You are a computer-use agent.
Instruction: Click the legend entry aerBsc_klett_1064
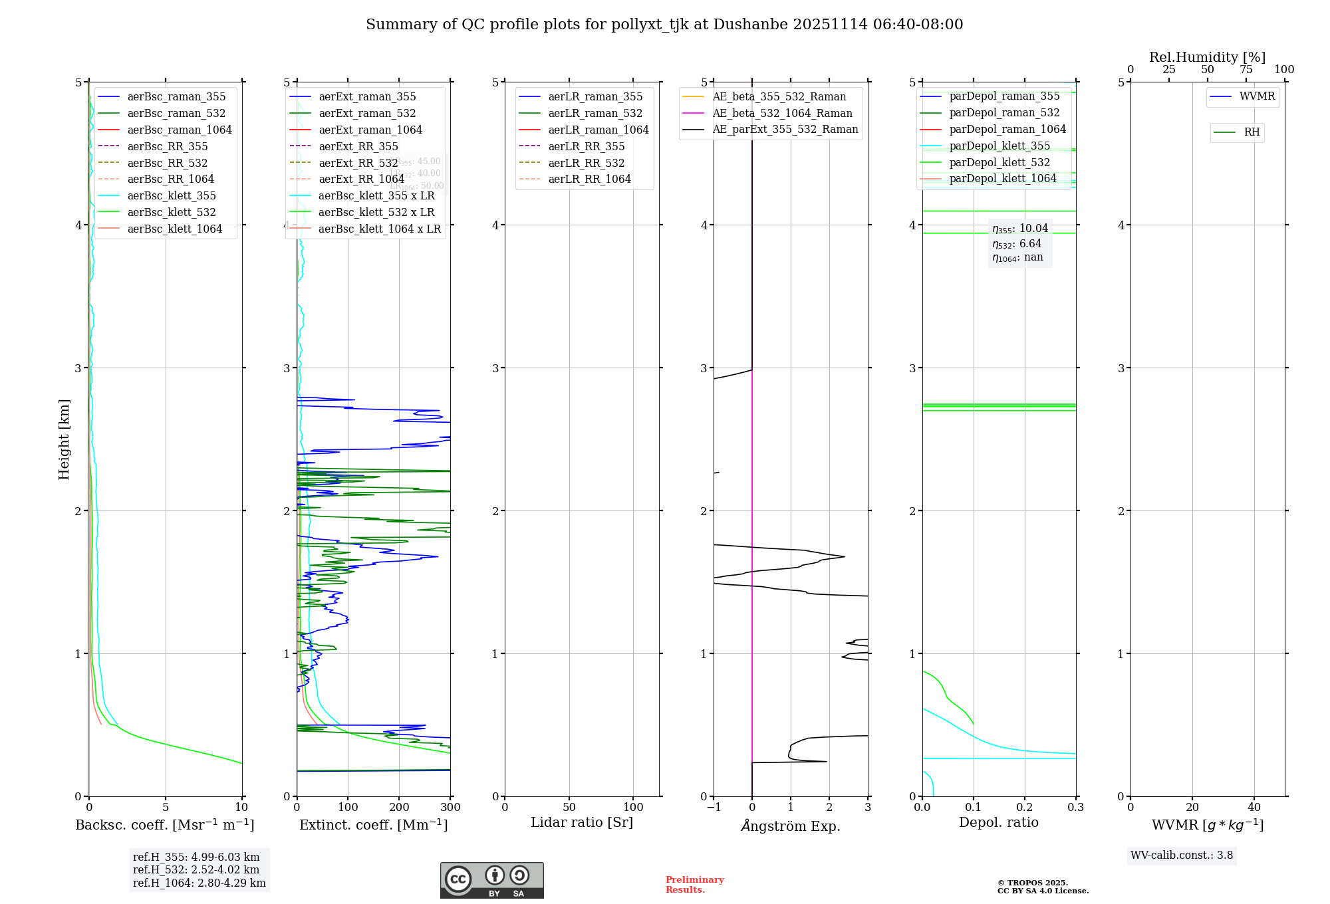[174, 229]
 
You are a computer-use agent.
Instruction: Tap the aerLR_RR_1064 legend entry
[589, 179]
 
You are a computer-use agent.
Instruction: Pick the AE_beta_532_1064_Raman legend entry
[782, 113]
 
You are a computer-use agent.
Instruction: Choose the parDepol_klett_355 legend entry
[999, 146]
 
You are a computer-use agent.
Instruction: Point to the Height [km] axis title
[64, 439]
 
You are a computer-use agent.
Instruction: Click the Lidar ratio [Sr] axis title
[582, 822]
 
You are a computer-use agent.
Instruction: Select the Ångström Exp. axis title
[791, 826]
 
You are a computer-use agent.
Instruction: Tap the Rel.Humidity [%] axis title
[1207, 57]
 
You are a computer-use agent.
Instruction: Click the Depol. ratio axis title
[998, 822]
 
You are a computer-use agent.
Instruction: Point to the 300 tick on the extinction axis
[450, 808]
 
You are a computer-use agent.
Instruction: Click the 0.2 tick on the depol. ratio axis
[1025, 808]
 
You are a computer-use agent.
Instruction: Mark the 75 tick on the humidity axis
[1246, 70]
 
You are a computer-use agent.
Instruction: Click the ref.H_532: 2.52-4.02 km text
[196, 869]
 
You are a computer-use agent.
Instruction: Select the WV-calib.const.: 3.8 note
[1182, 855]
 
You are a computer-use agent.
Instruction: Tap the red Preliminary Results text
[694, 885]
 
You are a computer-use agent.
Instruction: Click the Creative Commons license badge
[491, 880]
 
